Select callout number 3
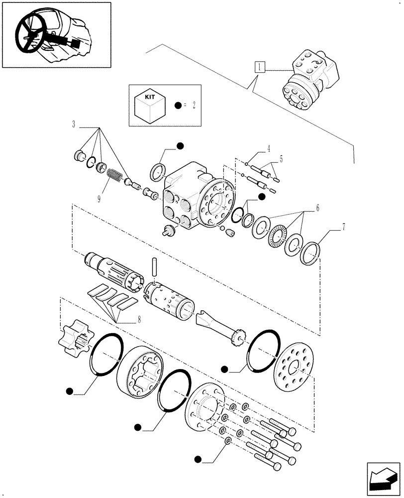click(74, 124)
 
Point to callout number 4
click(268, 148)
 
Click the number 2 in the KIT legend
click(194, 106)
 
